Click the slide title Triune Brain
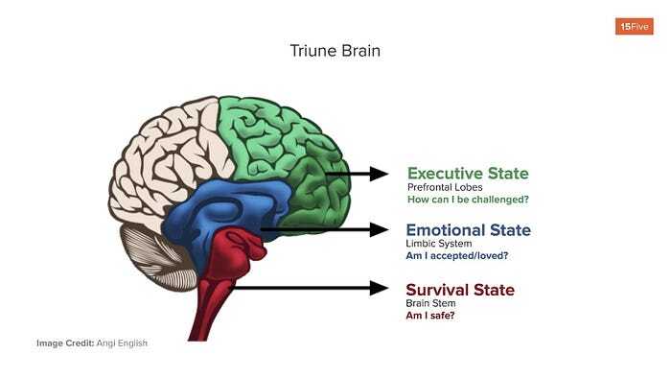[x=335, y=50]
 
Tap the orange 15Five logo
[x=634, y=26]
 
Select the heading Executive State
[x=467, y=174]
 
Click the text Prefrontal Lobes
[x=445, y=187]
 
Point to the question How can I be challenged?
[x=468, y=200]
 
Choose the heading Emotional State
[x=468, y=230]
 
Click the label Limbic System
[x=439, y=245]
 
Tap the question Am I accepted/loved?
[x=456, y=256]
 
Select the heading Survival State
[x=460, y=290]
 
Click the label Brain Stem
[x=431, y=303]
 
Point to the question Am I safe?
[x=430, y=315]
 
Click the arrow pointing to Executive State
[x=358, y=174]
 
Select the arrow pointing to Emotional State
[x=326, y=230]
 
